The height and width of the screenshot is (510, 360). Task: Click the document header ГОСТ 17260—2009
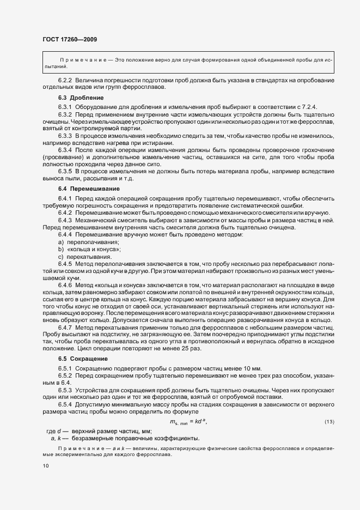tap(70, 39)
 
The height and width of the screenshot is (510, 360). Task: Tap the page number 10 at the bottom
tap(45, 466)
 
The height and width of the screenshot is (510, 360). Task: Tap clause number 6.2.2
tap(66, 81)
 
